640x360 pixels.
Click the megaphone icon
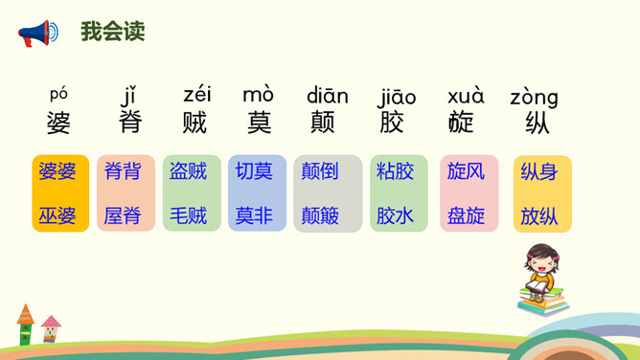pyautogui.click(x=38, y=33)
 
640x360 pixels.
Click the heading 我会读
pyautogui.click(x=113, y=31)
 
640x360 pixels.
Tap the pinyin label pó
pyautogui.click(x=58, y=95)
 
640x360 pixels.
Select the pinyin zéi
pyautogui.click(x=197, y=94)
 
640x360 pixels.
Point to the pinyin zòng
pyautogui.click(x=534, y=98)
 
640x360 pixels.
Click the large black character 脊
pyautogui.click(x=130, y=122)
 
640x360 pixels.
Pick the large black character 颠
pyautogui.click(x=323, y=122)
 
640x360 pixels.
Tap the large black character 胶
pyautogui.click(x=392, y=122)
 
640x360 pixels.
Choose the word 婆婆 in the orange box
pyautogui.click(x=57, y=170)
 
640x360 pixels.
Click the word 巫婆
pyautogui.click(x=57, y=215)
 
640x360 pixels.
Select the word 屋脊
pyautogui.click(x=123, y=215)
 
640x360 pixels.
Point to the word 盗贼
pyautogui.click(x=188, y=170)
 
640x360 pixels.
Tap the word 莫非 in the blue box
pyautogui.click(x=254, y=215)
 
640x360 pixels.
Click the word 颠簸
pyautogui.click(x=320, y=215)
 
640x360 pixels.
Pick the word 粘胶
pyautogui.click(x=395, y=170)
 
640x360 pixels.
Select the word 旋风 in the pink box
pyautogui.click(x=466, y=170)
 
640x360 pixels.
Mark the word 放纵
pyautogui.click(x=539, y=215)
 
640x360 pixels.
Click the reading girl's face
pyautogui.click(x=541, y=267)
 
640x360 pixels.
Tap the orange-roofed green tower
pyautogui.click(x=25, y=325)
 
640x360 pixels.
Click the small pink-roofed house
pyautogui.click(x=51, y=328)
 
